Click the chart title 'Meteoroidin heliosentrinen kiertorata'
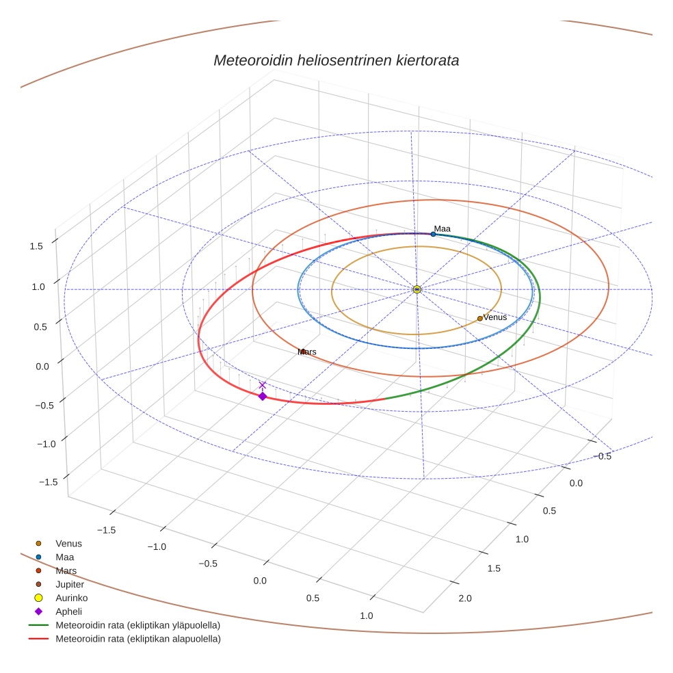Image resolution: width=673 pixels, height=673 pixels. (x=336, y=60)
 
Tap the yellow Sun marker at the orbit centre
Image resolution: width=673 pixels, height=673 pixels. (x=417, y=289)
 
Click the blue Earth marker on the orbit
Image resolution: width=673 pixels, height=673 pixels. (x=433, y=234)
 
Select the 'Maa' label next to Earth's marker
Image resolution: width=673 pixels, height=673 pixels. (x=442, y=228)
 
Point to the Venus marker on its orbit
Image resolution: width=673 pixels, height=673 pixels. (x=479, y=318)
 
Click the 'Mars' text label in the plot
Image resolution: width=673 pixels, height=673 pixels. (x=307, y=352)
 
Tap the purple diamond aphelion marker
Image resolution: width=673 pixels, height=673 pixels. (x=262, y=396)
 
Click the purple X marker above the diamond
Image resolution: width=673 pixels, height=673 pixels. (x=262, y=385)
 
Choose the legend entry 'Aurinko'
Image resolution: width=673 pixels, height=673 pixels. (x=71, y=598)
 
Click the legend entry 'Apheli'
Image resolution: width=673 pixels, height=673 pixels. (x=68, y=611)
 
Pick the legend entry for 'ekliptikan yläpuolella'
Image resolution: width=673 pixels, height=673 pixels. (x=137, y=625)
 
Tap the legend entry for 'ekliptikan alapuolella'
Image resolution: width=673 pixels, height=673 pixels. (x=137, y=639)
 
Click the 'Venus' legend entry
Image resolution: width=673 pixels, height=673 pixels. (x=68, y=543)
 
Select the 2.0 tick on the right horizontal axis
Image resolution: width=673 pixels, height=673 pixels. (x=464, y=598)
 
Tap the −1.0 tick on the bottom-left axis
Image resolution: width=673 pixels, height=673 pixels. (x=157, y=546)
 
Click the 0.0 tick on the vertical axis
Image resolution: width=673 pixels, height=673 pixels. (x=42, y=366)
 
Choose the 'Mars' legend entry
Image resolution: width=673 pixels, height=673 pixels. (x=66, y=570)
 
